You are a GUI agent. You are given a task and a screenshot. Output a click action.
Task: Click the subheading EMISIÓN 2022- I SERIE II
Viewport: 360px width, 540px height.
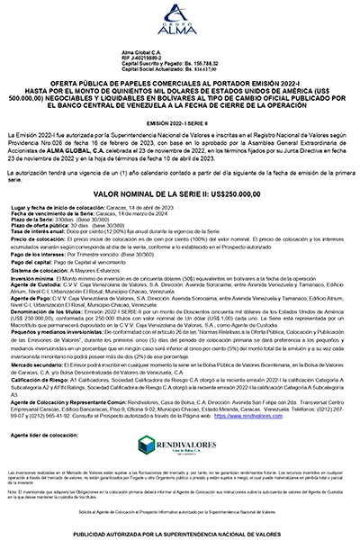click(x=179, y=122)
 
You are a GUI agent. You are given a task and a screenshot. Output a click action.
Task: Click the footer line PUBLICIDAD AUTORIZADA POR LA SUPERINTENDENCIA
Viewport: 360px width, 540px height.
click(x=179, y=533)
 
